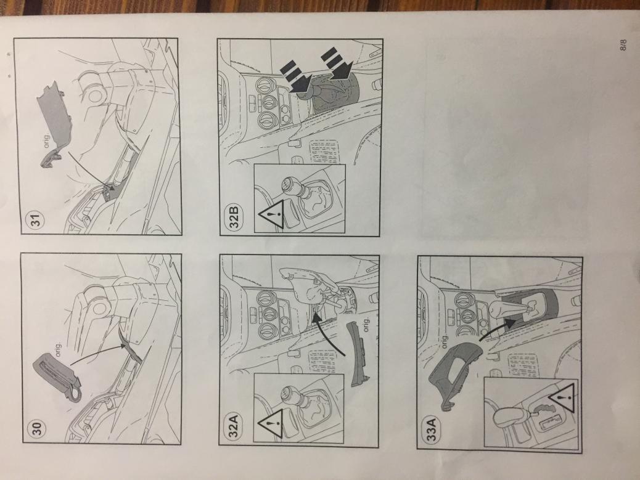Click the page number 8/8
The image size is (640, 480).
tap(623, 44)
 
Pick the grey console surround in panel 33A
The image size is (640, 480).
tap(453, 375)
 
